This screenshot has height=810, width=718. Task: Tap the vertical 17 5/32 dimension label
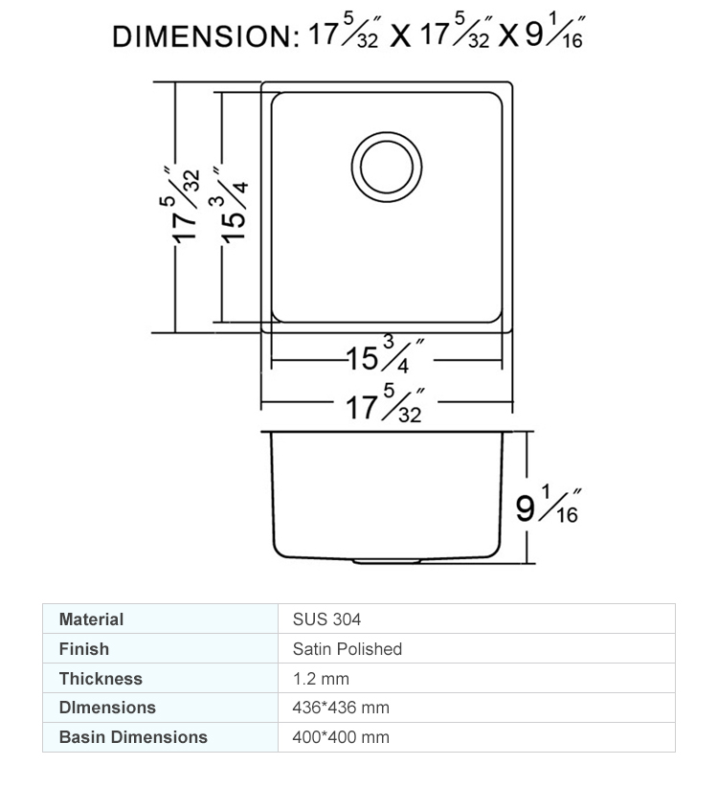179,205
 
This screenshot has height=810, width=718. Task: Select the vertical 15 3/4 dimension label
229,205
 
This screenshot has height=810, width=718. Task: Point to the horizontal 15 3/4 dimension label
385,354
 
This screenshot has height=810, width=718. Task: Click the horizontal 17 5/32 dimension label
385,404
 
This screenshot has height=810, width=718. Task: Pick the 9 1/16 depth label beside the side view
548,505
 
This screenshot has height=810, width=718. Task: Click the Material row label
92,619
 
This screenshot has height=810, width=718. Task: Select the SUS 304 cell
326,619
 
